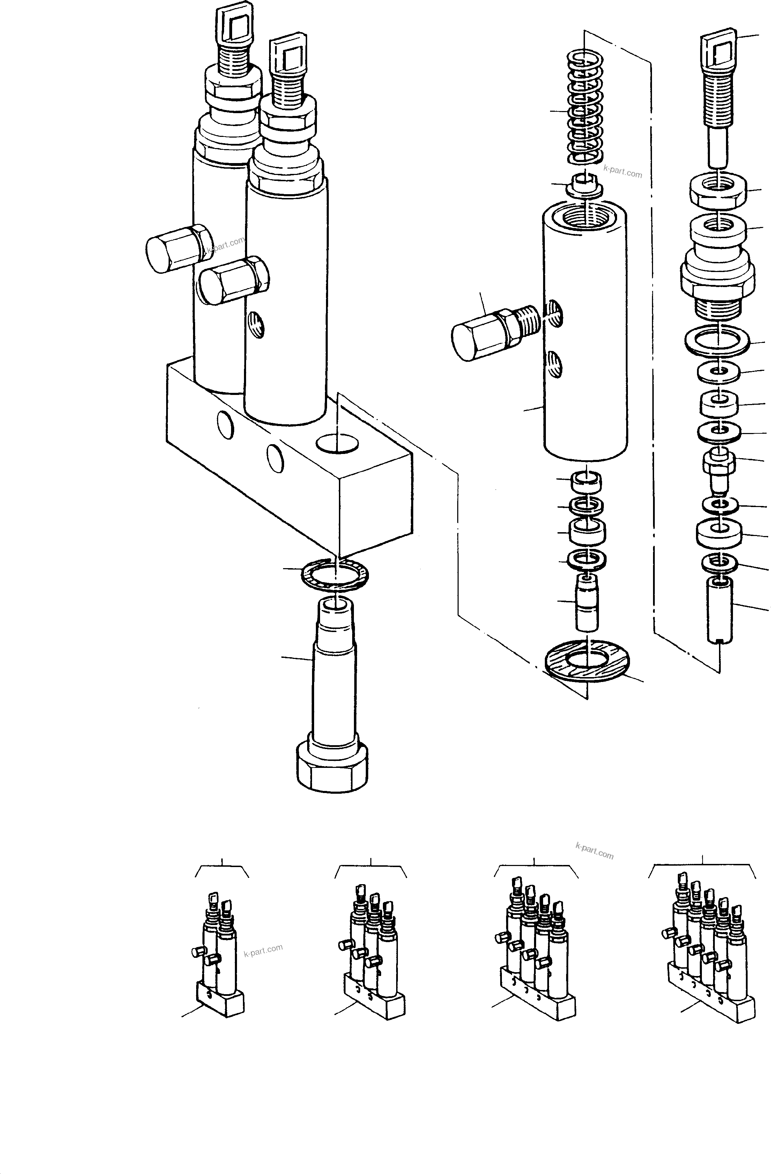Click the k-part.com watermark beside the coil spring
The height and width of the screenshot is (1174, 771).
tap(622, 172)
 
